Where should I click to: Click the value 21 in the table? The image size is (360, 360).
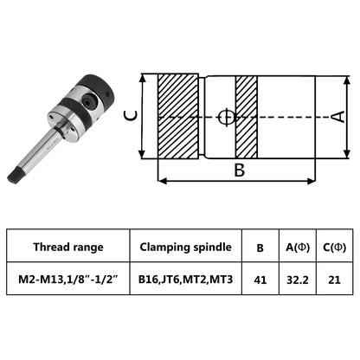click(x=335, y=280)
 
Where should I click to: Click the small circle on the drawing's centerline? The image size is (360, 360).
click(x=227, y=117)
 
